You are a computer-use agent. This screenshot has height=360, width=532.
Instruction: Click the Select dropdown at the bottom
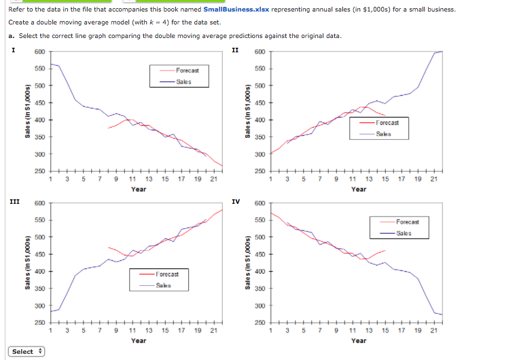tap(26, 351)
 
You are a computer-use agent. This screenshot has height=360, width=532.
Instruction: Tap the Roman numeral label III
tap(14, 201)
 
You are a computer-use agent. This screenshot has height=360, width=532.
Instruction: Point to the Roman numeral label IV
tap(235, 201)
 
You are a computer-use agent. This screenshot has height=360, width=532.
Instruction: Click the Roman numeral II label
tap(235, 50)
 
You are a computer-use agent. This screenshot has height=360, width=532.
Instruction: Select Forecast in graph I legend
tap(187, 71)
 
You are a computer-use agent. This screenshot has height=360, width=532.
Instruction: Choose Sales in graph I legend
tap(183, 82)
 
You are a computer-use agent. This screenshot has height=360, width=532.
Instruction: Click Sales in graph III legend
tap(164, 285)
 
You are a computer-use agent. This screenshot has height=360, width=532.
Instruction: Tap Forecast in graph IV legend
tap(408, 222)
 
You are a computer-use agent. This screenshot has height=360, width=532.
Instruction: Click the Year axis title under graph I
tap(139, 189)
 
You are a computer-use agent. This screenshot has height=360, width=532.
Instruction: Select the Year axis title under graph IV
tap(359, 340)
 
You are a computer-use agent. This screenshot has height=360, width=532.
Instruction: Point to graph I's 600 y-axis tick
tap(39, 52)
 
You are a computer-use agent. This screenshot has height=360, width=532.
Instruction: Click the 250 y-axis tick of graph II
tap(260, 172)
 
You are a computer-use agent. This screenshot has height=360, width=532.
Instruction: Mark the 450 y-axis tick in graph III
tap(39, 255)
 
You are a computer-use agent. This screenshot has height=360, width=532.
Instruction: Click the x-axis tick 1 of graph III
tap(52, 331)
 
